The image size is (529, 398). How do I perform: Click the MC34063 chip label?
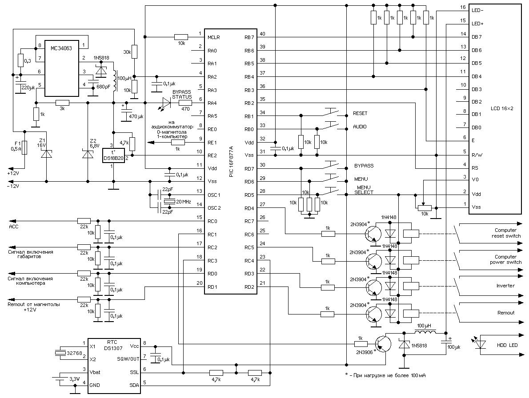click(x=61, y=48)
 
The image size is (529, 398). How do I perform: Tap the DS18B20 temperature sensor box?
click(x=113, y=155)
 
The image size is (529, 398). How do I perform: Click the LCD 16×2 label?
click(x=502, y=108)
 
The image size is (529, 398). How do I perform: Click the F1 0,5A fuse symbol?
click(x=24, y=147)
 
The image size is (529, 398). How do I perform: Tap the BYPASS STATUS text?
click(x=181, y=94)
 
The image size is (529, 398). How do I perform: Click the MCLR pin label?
click(x=213, y=37)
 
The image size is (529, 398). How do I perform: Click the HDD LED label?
click(x=507, y=346)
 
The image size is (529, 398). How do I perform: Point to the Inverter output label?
click(x=505, y=286)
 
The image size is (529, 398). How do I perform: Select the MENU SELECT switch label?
click(x=364, y=190)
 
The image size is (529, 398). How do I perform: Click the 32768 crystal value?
click(x=74, y=353)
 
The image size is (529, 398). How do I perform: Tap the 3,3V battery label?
click(x=75, y=379)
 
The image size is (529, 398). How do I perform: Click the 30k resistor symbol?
click(x=134, y=52)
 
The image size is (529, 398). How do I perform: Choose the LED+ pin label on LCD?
click(x=477, y=24)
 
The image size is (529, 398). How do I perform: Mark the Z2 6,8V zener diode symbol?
click(x=88, y=154)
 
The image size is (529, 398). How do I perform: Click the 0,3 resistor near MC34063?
click(x=20, y=61)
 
